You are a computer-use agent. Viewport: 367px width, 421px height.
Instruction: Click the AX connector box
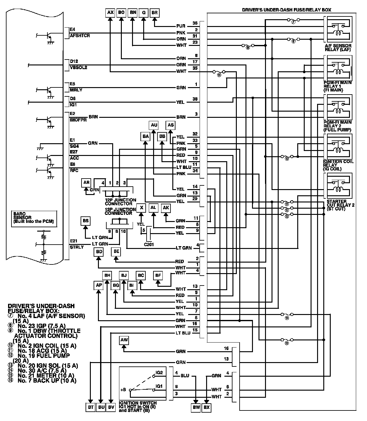coord(110,13)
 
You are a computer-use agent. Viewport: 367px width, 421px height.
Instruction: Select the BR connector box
coord(155,13)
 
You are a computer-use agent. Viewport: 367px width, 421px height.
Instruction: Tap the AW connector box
coord(124,340)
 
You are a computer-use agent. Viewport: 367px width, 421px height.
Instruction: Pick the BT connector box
coord(90,407)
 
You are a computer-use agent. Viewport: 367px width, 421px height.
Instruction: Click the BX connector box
coord(206,407)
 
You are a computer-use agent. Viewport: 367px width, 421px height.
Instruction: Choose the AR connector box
coord(86,183)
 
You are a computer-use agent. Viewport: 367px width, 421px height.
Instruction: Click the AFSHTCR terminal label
coord(80,36)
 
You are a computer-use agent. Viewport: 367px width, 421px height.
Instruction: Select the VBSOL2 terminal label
coord(78,68)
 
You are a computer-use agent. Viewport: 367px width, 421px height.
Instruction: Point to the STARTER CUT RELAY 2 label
coord(340,205)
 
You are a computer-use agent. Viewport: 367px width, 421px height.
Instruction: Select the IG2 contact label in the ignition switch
coord(159,372)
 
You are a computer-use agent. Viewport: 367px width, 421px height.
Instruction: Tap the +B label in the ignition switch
coord(123,390)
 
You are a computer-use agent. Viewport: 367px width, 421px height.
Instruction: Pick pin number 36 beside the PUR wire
coord(195,23)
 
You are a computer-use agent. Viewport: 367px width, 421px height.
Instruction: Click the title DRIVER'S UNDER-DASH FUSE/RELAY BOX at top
coord(286,10)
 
